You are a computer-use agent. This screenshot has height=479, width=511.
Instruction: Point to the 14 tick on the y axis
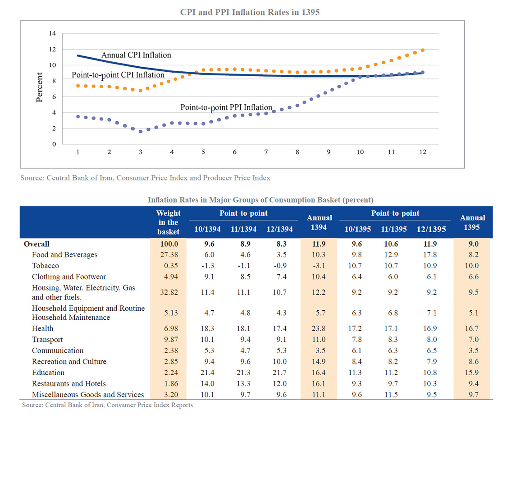pos(53,33)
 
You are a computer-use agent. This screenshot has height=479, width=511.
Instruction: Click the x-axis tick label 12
pos(422,152)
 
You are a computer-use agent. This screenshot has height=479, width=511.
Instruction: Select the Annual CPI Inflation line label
pos(137,55)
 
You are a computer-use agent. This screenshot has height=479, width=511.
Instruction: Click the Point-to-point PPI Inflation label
pos(226,107)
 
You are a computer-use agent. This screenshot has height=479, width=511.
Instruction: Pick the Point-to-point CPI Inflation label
pos(118,75)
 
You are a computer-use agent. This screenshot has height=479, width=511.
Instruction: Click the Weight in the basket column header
pos(168,222)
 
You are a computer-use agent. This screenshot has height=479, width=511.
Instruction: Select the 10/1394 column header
pos(207,229)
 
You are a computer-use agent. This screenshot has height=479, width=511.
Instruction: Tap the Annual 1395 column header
pos(472,222)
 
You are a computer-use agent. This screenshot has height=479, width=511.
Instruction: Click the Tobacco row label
pos(46,266)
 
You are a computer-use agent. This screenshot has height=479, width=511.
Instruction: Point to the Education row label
pos(48,373)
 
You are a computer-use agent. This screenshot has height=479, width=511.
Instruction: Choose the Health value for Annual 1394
pos(319,329)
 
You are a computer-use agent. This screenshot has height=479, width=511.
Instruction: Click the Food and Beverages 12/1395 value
pos(430,255)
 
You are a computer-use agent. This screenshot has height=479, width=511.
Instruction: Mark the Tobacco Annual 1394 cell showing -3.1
pos(319,266)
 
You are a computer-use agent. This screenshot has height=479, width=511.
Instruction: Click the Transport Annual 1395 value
pos(472,340)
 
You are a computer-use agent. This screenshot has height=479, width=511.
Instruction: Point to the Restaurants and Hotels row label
pos(69,383)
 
